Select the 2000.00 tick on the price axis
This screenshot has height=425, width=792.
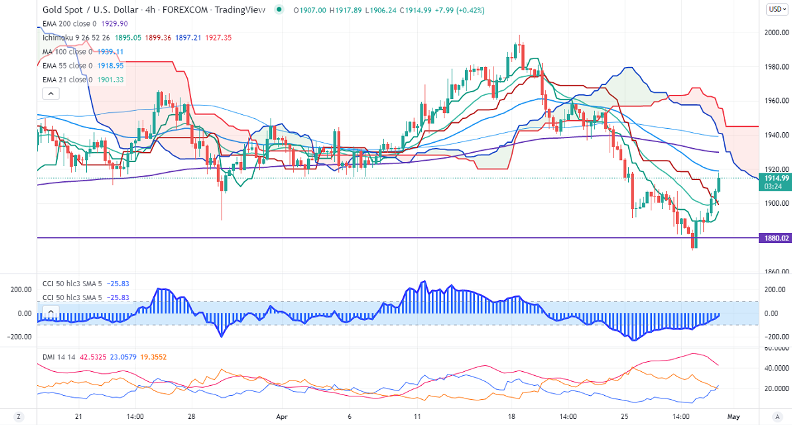pos(775,33)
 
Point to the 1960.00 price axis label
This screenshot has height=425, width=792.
pos(775,101)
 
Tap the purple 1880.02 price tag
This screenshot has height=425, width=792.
pos(775,238)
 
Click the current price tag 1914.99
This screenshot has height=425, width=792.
pos(775,178)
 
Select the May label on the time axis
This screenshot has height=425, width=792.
pos(732,417)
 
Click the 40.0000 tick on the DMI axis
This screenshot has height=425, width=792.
pos(775,368)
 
